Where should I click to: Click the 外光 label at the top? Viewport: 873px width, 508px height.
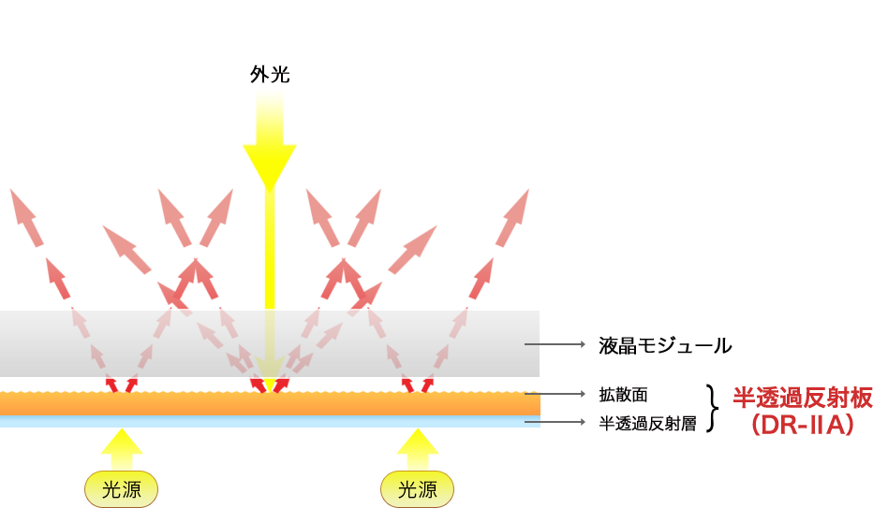270,75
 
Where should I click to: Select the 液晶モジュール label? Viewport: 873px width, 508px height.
665,345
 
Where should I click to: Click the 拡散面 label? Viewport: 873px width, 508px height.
624,395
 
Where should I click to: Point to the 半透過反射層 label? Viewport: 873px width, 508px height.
647,423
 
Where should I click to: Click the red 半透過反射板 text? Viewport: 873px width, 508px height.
802,399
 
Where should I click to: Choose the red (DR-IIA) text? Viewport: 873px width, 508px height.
802,427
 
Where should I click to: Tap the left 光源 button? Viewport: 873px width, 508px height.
121,488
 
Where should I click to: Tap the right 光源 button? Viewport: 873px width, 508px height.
417,488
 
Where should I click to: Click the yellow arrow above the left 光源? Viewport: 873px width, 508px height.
121,448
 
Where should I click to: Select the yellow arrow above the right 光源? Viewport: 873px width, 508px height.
417,448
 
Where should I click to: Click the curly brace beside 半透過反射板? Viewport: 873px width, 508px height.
716,409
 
